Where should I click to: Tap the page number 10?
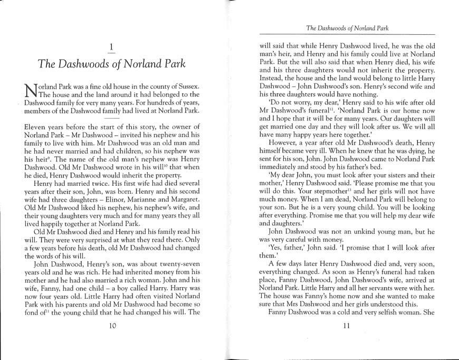click(x=112, y=326)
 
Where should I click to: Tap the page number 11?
click(x=346, y=326)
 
